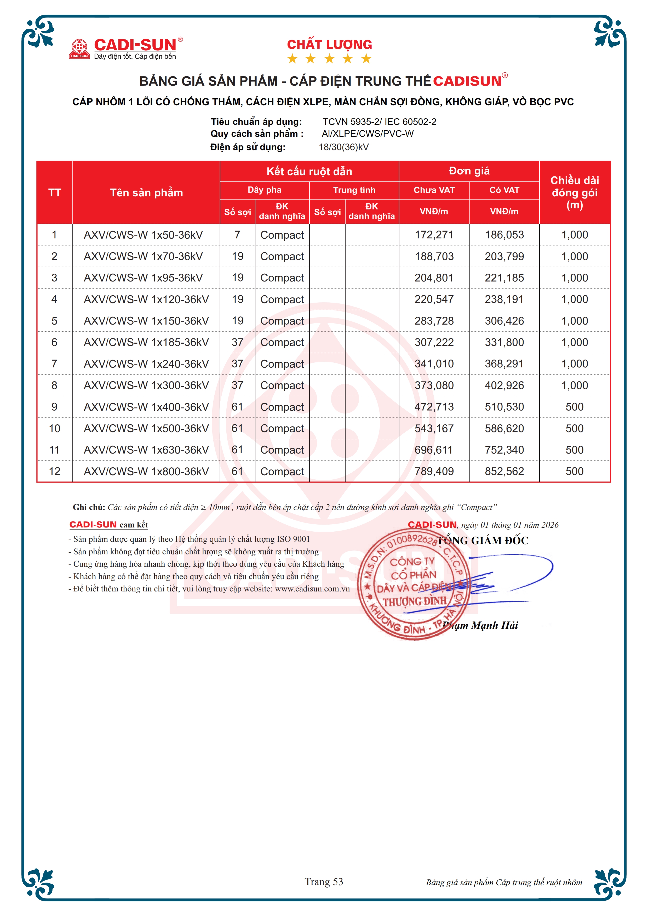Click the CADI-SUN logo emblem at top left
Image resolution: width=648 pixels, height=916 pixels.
tap(79, 49)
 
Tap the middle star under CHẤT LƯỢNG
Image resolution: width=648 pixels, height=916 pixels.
tap(329, 59)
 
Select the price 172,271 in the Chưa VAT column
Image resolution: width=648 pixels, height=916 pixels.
tap(434, 235)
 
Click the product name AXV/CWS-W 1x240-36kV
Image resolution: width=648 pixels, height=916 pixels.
tap(146, 364)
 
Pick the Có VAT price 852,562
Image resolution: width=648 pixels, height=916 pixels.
tap(504, 472)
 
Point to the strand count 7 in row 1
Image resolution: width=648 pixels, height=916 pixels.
tap(238, 235)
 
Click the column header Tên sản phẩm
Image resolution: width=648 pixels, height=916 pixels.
tap(147, 193)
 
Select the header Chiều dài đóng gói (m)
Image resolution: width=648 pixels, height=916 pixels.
tap(575, 193)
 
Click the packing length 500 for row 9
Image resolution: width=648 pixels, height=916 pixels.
tap(575, 407)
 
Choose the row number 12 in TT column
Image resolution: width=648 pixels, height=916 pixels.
tap(55, 472)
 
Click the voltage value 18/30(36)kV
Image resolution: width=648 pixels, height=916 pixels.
tap(344, 147)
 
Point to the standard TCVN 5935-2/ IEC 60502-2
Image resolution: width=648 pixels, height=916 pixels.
tap(379, 122)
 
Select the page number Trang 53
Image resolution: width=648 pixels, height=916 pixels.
tap(324, 882)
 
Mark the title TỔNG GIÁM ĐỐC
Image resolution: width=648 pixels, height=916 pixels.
tap(483, 541)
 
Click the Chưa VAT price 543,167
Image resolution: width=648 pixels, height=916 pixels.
tap(434, 428)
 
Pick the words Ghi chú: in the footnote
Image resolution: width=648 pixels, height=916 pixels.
tap(89, 507)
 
